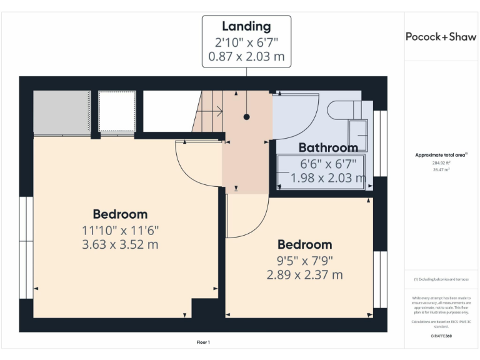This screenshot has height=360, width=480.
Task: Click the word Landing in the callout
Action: click(x=246, y=26)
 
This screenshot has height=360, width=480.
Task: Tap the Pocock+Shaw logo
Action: click(x=441, y=36)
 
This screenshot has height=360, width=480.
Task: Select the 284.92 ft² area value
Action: click(x=441, y=162)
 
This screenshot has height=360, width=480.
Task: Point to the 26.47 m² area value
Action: click(x=441, y=169)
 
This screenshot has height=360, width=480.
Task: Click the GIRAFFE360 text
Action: click(x=441, y=336)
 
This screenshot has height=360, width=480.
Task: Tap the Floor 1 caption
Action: click(x=203, y=342)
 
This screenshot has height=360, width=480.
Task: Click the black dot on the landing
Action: click(x=246, y=117)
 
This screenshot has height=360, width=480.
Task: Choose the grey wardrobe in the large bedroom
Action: click(x=62, y=112)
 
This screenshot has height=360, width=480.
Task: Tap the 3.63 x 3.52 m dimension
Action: click(x=120, y=244)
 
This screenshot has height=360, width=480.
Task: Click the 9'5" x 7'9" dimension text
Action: click(x=304, y=259)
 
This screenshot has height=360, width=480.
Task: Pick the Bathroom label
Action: click(x=328, y=148)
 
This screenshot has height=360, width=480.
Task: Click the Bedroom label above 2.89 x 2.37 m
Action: click(x=304, y=244)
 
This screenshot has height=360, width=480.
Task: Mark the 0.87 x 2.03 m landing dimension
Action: click(x=246, y=56)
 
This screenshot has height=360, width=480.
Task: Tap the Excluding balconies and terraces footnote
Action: click(x=441, y=279)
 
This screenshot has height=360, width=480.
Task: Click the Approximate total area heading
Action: click(x=441, y=154)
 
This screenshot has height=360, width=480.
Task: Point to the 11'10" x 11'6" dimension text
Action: click(x=120, y=229)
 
